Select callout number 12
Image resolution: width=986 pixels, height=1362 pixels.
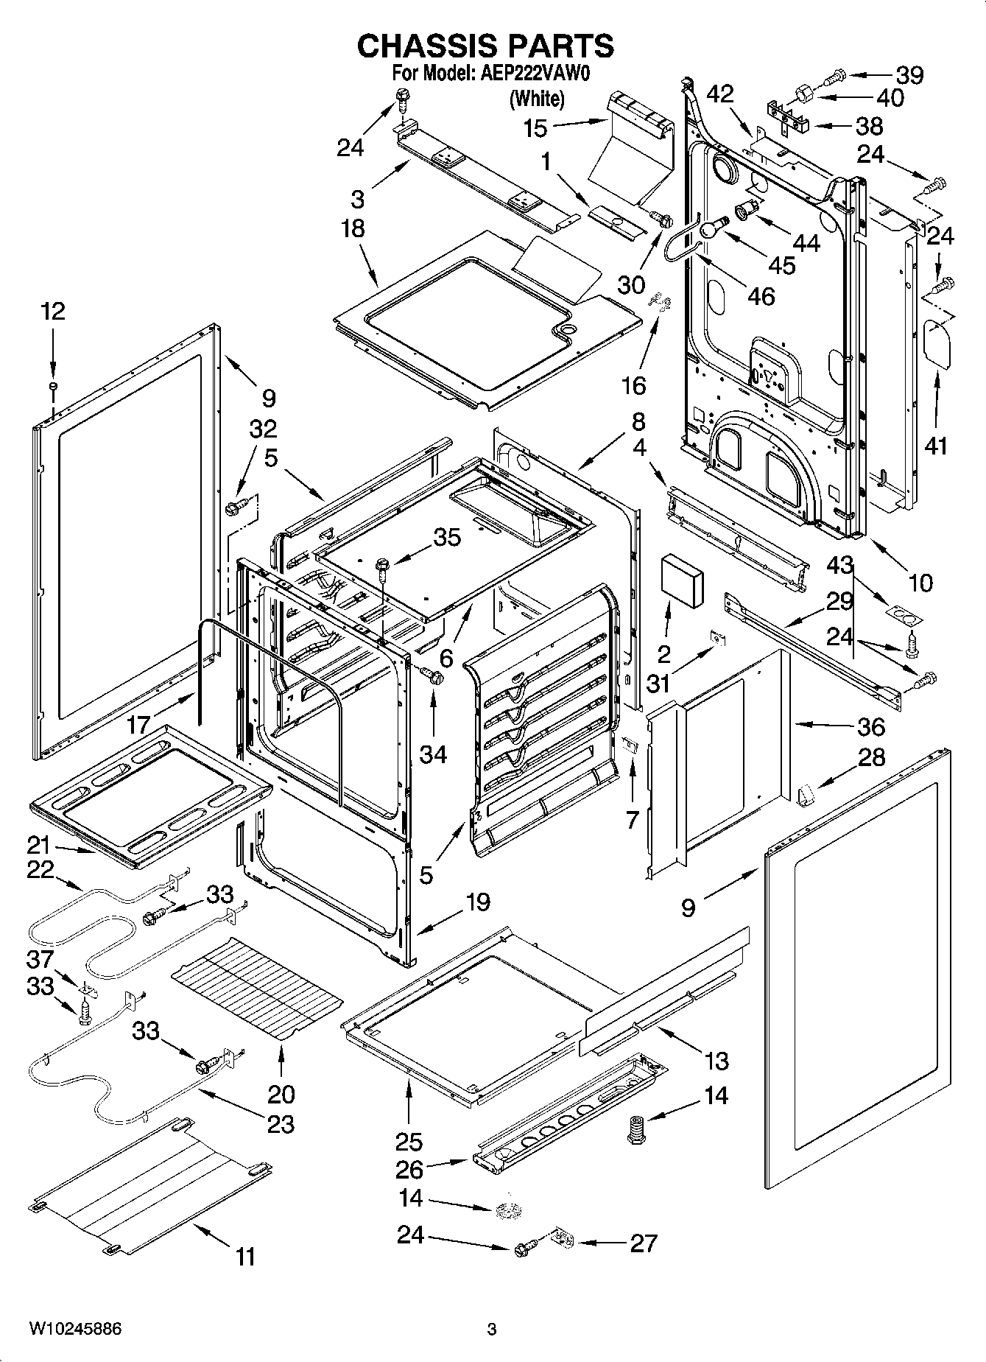[52, 311]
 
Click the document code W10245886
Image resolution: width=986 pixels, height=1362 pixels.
[76, 1328]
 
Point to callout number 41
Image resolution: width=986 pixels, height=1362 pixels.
[935, 445]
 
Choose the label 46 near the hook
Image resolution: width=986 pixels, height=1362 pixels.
[760, 295]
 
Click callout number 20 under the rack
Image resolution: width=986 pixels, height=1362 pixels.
[281, 1094]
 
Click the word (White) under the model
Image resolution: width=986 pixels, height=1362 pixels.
[537, 98]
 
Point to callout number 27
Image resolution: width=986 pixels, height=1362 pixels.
[644, 1243]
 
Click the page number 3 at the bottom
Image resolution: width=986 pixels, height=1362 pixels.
[492, 1329]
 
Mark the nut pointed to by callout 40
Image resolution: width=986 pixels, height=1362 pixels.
[803, 94]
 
